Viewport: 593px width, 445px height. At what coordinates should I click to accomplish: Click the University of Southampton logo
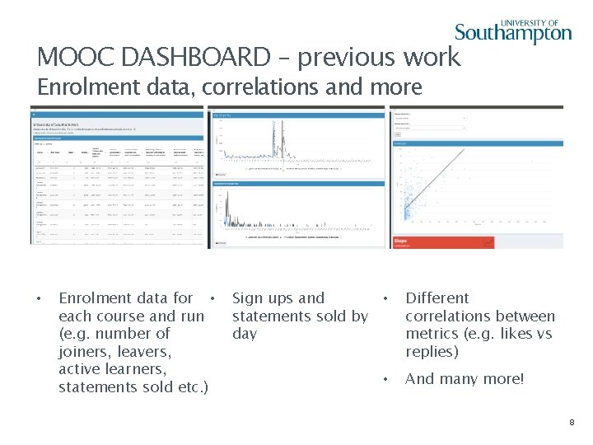pos(512,31)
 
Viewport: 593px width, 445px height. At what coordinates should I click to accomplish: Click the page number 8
pos(572,423)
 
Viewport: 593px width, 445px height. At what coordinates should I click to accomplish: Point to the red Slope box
pos(443,242)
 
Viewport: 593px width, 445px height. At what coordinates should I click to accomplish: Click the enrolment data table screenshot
pos(117,177)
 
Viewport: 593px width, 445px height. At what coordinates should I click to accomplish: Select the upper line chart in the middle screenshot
pos(298,143)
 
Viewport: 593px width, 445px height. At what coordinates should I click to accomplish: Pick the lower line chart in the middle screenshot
pos(298,213)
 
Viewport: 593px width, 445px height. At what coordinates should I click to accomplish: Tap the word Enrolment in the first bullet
pos(95,298)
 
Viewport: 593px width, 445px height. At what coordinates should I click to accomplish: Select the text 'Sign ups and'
pos(278,298)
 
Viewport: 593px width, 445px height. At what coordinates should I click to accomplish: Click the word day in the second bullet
pos(245,334)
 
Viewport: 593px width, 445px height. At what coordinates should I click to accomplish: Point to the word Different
pos(437,298)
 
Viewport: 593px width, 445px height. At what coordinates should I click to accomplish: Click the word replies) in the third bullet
pos(432,352)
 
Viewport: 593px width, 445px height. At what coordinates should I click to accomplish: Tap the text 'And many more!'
pos(464,379)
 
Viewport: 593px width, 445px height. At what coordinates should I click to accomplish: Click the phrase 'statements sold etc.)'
pos(133,387)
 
